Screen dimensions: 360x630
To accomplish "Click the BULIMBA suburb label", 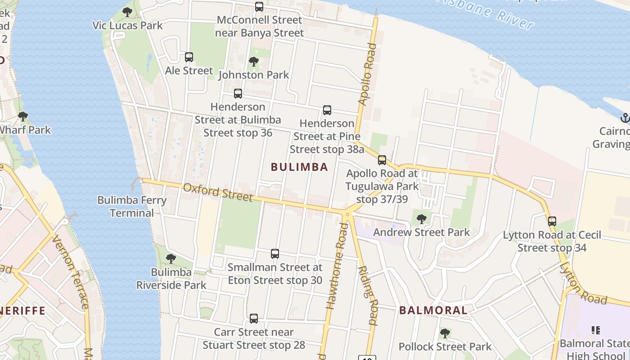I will click(x=299, y=167).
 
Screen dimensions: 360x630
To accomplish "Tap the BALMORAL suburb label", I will click(x=433, y=310).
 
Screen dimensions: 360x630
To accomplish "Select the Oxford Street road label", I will click(x=217, y=192).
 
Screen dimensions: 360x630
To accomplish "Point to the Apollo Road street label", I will click(x=366, y=74).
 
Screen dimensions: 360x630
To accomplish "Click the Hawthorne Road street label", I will click(x=337, y=266).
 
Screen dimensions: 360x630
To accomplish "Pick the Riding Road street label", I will click(x=368, y=295).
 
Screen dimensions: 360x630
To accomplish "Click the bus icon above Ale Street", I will click(x=189, y=57).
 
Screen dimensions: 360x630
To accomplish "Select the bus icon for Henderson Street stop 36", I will click(x=238, y=94).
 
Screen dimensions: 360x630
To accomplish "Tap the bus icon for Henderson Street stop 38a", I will click(x=327, y=110).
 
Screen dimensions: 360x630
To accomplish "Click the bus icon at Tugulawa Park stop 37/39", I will click(x=382, y=160).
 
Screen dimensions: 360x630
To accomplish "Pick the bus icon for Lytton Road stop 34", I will click(x=552, y=221).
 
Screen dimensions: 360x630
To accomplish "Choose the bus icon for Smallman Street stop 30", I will click(x=275, y=254).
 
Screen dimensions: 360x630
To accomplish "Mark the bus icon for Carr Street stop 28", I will click(x=254, y=319).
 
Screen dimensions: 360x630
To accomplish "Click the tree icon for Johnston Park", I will click(x=254, y=62).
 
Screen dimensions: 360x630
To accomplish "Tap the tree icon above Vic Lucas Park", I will click(x=127, y=12).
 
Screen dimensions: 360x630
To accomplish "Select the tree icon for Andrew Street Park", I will click(x=422, y=219).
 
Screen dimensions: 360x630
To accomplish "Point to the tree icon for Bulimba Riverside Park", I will click(x=171, y=259).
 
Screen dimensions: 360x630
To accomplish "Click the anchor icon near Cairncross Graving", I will click(x=625, y=118).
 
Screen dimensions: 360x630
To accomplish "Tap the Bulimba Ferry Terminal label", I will click(x=132, y=207).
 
